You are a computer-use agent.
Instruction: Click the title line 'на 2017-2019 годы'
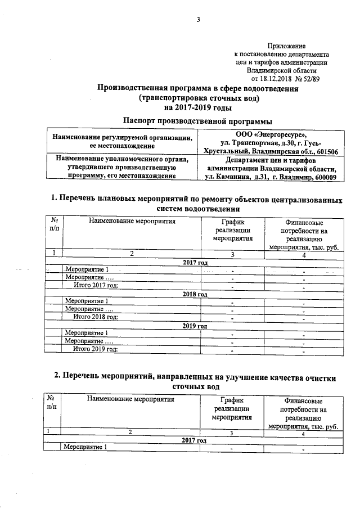(197, 106)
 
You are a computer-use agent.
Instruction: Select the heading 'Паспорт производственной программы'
(197, 121)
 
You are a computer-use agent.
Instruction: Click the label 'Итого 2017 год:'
(96, 286)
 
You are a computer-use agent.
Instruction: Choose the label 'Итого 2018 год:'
(96, 317)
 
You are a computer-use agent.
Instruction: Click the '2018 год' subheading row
(195, 294)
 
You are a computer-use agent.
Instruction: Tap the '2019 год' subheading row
(195, 325)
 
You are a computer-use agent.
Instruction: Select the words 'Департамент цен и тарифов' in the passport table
(272, 160)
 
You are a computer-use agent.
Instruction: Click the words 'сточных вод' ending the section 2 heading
(195, 386)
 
